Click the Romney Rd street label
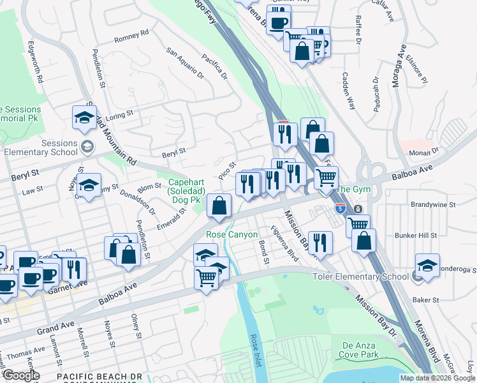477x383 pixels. [x=131, y=37]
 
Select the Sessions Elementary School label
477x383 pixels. [x=41, y=148]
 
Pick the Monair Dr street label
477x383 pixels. [x=426, y=151]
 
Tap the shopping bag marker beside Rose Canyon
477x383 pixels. [x=219, y=206]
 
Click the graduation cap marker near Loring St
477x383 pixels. [x=84, y=117]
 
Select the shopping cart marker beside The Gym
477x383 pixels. [x=326, y=177]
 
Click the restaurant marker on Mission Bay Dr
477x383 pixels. [x=320, y=242]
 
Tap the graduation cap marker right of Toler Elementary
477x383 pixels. [x=427, y=264]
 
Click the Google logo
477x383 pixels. [x=22, y=375]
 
